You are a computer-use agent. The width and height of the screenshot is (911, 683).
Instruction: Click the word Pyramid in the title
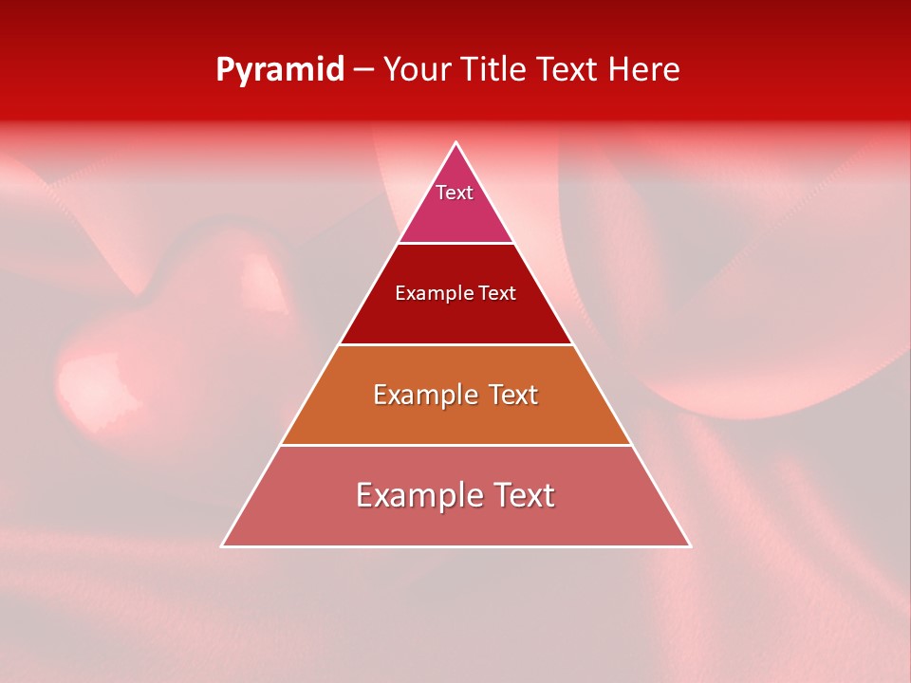click(x=279, y=70)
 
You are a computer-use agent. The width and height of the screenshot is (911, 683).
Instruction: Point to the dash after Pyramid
click(x=363, y=70)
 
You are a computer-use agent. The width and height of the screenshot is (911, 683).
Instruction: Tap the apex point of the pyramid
click(x=455, y=143)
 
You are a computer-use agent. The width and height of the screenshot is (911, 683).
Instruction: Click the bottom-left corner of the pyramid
click(x=222, y=545)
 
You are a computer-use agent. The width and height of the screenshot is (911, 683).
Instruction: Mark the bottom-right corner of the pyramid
click(x=690, y=545)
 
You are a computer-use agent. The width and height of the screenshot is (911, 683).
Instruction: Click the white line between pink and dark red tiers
click(x=455, y=243)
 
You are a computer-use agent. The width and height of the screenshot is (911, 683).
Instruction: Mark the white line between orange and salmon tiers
click(x=455, y=445)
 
